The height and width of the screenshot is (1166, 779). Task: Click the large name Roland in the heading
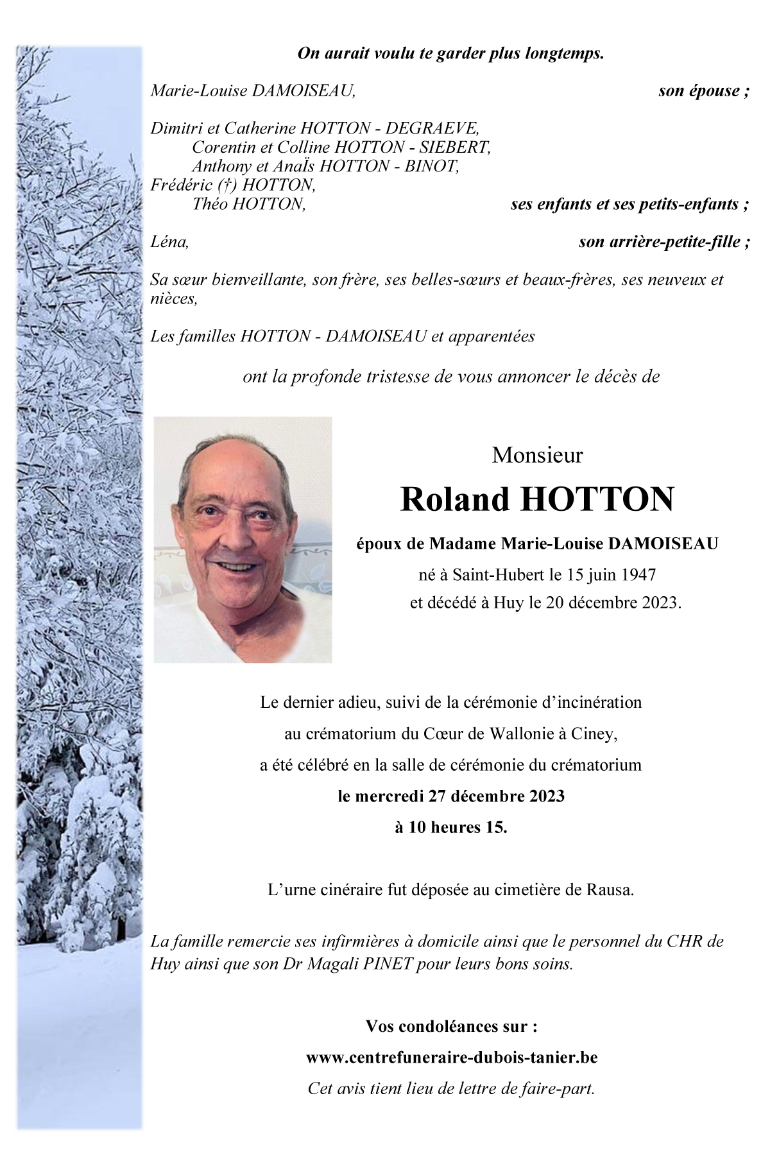454,499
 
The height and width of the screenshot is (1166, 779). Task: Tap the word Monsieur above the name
537,455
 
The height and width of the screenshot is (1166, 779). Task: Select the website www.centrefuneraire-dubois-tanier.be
452,1058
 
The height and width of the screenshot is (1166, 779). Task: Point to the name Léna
169,242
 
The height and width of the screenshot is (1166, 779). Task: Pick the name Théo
210,204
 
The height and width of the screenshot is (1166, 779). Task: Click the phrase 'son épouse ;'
703,90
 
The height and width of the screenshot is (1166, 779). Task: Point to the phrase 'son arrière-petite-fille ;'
664,242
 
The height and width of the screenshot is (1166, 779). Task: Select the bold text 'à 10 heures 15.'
450,827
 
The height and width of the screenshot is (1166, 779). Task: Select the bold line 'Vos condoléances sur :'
451,1026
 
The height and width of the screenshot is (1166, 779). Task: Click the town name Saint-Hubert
498,574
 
